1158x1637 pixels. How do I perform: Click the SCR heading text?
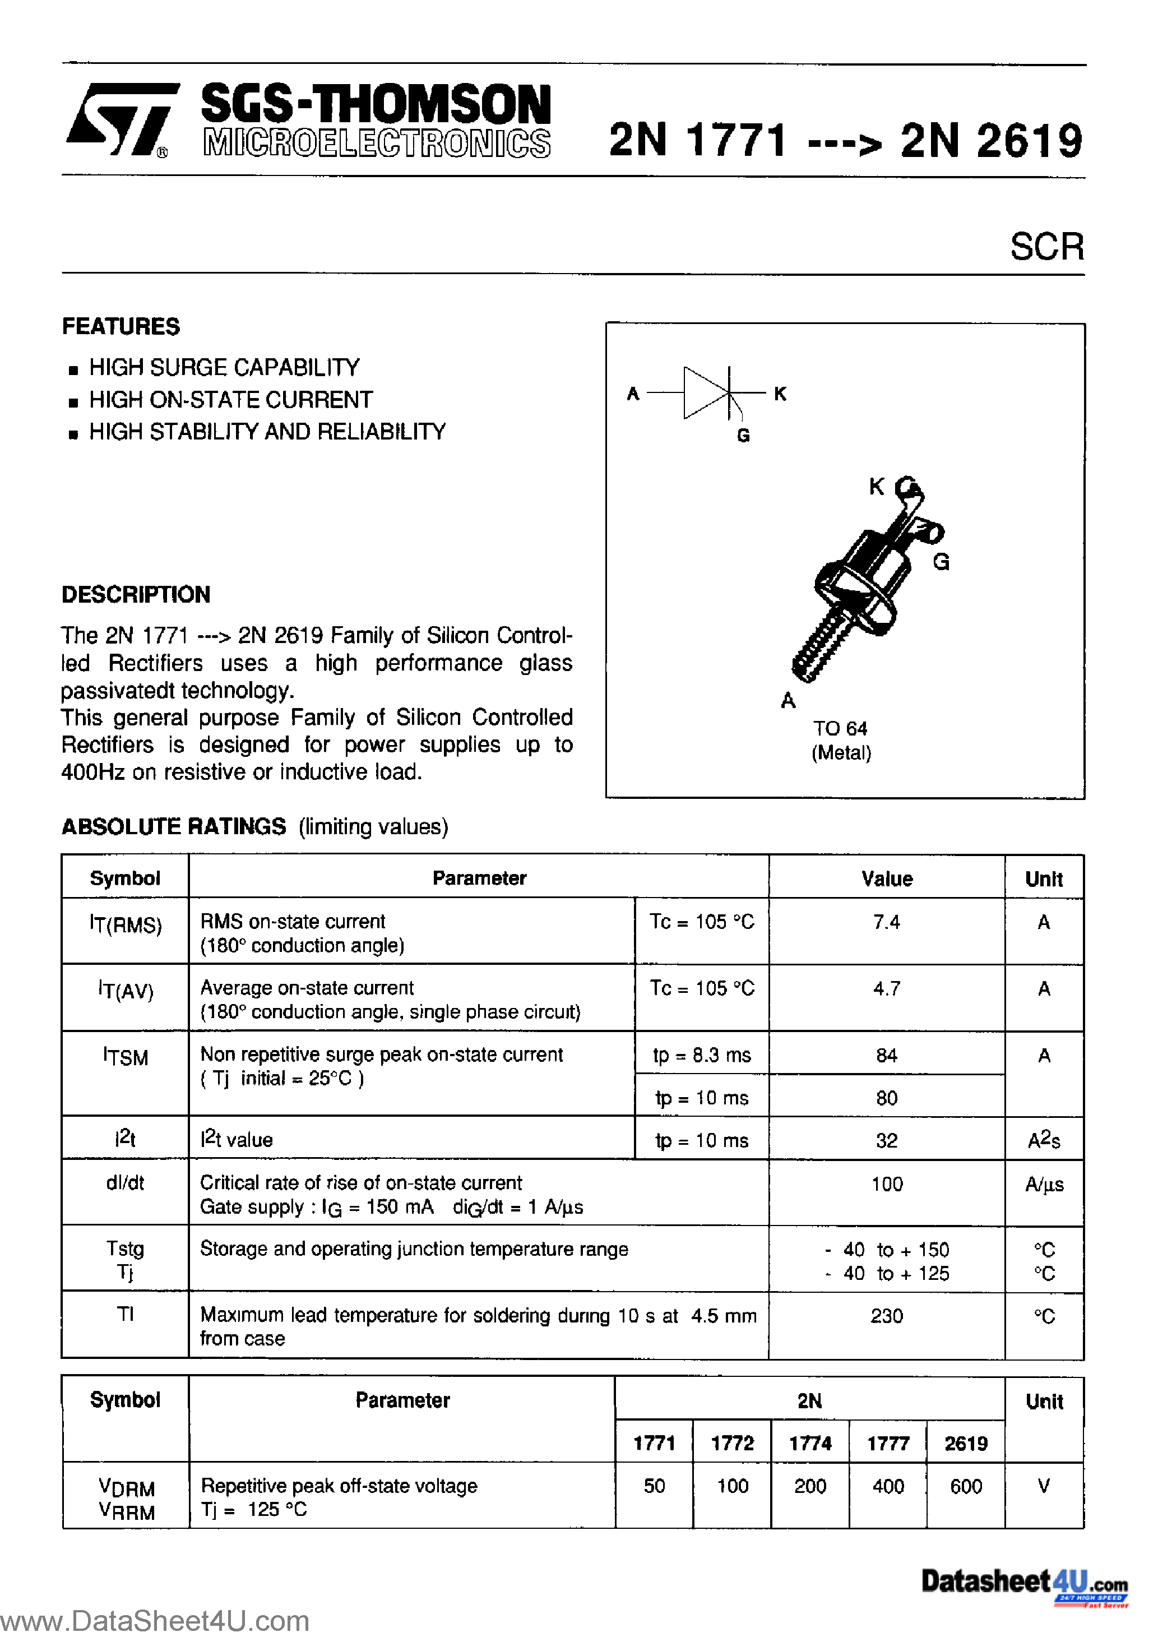coord(1046,247)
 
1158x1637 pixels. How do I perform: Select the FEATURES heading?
coord(121,326)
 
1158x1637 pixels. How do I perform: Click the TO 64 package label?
coord(840,729)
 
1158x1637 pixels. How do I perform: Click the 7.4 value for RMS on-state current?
coord(886,923)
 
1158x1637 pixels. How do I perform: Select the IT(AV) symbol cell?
coord(126,990)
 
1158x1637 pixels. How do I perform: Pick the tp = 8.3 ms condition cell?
coord(702,1055)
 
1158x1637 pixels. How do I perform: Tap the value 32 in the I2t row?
coord(886,1141)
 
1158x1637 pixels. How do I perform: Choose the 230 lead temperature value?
coord(886,1316)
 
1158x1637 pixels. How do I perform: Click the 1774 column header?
coord(810,1444)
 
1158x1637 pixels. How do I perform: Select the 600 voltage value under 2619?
coord(966,1487)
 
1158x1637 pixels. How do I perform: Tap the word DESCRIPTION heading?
coord(136,595)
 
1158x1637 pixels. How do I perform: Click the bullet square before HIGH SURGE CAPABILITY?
coord(73,370)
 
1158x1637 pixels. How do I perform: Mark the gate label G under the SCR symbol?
coord(743,435)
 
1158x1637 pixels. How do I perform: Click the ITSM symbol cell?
coord(126,1057)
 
